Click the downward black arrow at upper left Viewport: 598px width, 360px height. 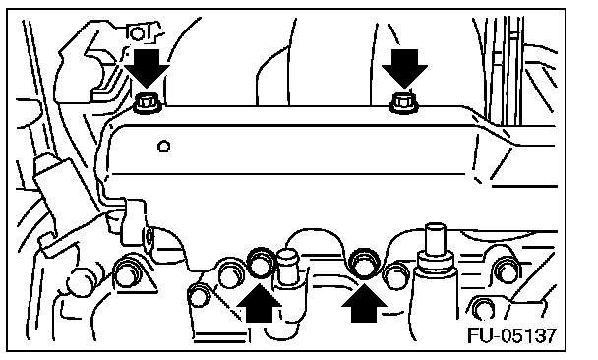pyautogui.click(x=147, y=68)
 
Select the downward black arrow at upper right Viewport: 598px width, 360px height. pyautogui.click(x=404, y=68)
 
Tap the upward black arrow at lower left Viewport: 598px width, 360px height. pyautogui.click(x=260, y=304)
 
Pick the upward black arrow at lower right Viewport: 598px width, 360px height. pyautogui.click(x=364, y=304)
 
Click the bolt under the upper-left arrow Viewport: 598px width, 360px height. pyautogui.click(x=148, y=103)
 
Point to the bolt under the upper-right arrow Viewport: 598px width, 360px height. pyautogui.click(x=404, y=103)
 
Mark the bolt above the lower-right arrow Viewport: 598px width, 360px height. pyautogui.click(x=365, y=264)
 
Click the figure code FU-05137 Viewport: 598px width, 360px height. pyautogui.click(x=512, y=335)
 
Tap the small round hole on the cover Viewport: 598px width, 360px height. pyautogui.click(x=163, y=147)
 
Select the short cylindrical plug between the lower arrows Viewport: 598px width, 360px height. pyautogui.click(x=289, y=267)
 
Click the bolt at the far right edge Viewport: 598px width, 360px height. pyautogui.click(x=508, y=270)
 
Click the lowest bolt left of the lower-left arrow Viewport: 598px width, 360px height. pyautogui.click(x=200, y=295)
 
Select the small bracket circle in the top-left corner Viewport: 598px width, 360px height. pyautogui.click(x=136, y=33)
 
